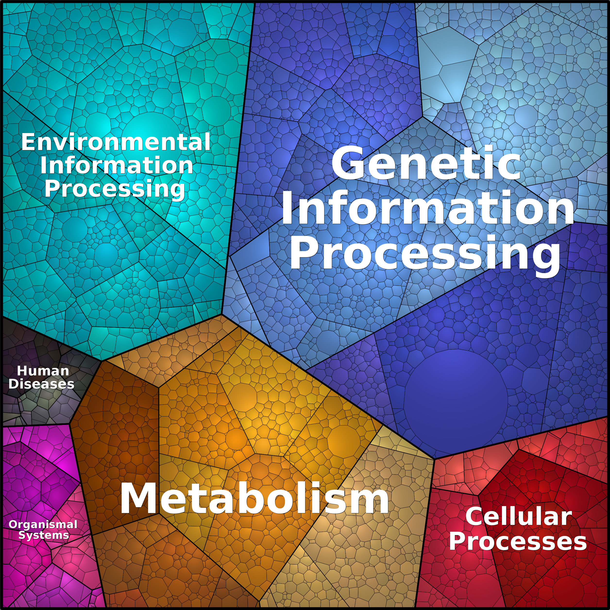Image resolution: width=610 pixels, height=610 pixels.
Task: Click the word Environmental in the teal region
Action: (116, 142)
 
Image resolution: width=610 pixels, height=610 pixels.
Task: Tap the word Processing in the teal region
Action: (115, 189)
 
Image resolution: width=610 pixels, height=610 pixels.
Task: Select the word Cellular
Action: (518, 517)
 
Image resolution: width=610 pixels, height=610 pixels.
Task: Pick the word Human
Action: (43, 371)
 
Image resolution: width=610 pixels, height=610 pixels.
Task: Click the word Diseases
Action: (41, 384)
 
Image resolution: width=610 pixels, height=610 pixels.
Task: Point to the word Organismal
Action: (43, 525)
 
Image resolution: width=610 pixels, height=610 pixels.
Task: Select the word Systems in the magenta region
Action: (43, 535)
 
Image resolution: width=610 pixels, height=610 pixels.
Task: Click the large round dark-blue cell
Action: (456, 400)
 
